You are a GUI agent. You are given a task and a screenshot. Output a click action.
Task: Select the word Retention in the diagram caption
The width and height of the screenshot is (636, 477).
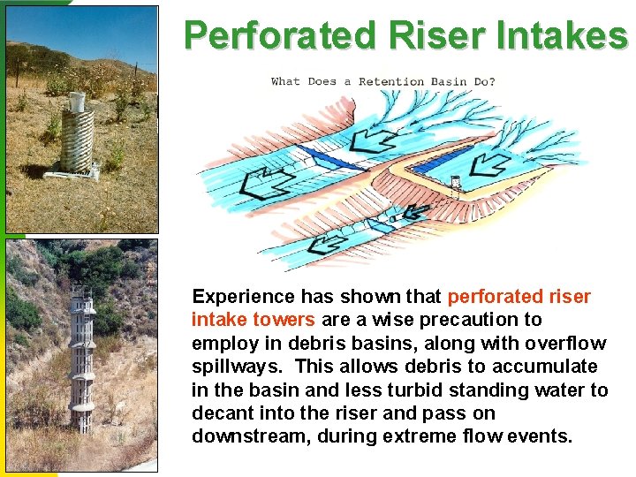391,81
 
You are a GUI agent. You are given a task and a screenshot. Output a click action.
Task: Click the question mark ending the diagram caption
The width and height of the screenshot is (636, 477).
492,81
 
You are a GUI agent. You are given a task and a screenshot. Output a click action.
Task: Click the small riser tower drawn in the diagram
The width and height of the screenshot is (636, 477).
455,186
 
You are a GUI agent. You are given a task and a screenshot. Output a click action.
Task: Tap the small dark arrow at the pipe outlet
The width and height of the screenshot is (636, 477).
415,212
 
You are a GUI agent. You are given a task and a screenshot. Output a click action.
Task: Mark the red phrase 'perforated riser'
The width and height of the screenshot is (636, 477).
519,297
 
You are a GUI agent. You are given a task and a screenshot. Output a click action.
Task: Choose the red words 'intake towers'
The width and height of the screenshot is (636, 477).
253,320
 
